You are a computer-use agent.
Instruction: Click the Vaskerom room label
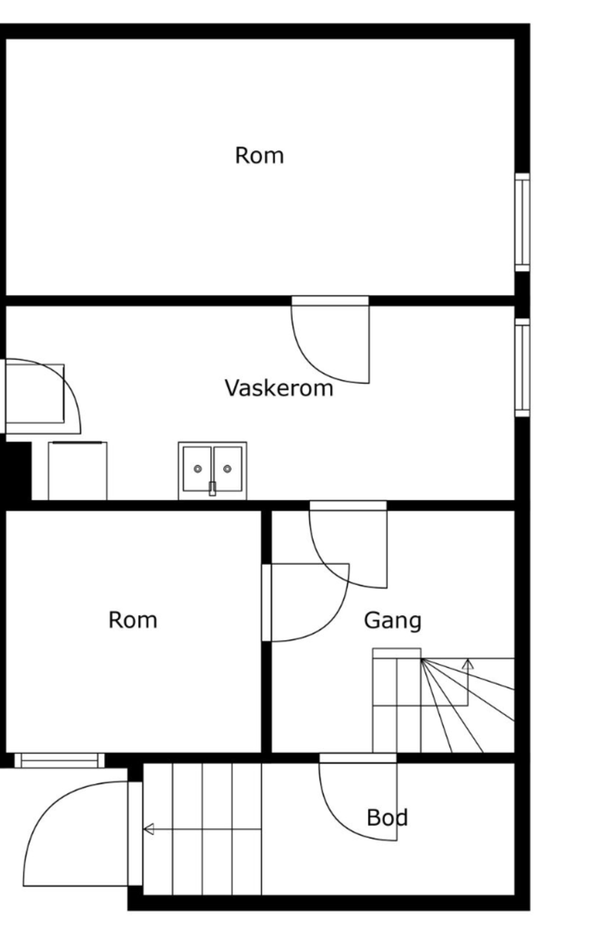[x=279, y=388]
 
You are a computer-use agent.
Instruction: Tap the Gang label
[x=392, y=621]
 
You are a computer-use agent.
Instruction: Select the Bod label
[x=387, y=818]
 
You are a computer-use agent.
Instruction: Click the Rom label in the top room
[x=259, y=156]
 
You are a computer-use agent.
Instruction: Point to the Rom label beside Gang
[x=133, y=620]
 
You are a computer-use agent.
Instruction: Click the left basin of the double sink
[x=197, y=468]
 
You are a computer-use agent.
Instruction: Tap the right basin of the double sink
[x=227, y=468]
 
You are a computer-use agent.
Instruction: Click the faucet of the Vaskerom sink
[x=212, y=488]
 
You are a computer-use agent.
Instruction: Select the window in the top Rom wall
[x=522, y=222]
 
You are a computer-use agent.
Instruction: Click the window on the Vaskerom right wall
[x=522, y=368]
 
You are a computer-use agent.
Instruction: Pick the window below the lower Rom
[x=59, y=760]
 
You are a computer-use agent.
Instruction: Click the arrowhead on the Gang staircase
[x=468, y=664]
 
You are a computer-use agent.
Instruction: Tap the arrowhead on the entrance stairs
[x=149, y=829]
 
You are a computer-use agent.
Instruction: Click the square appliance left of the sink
[x=77, y=470]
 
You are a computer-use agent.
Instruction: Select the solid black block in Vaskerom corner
[x=17, y=470]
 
